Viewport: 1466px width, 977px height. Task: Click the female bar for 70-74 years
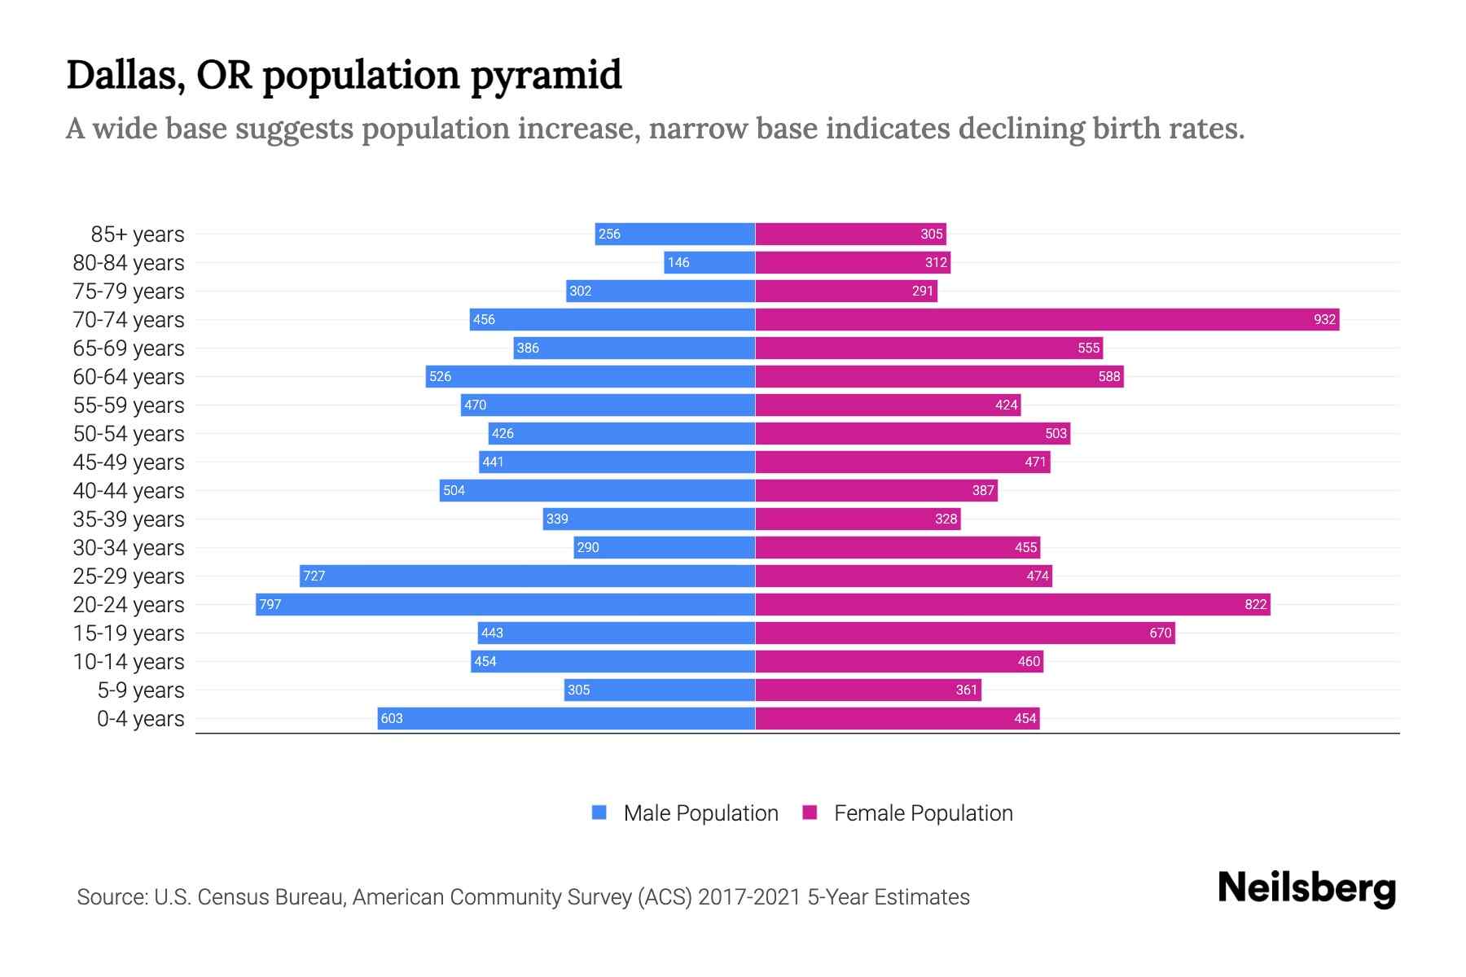coord(1047,319)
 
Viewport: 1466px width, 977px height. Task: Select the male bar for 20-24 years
coord(505,604)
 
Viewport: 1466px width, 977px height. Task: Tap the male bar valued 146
coord(709,262)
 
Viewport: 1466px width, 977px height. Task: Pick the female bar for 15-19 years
coord(965,633)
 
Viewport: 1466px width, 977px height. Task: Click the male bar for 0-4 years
coord(566,718)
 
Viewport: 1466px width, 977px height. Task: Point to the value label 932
coord(1324,319)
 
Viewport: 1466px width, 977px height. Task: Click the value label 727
coord(314,576)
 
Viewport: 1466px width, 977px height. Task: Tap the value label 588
coord(1108,376)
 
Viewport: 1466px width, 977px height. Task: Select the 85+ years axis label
coord(138,234)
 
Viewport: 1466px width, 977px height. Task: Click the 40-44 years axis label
coord(129,491)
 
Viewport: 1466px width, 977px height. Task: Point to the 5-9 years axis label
coord(141,690)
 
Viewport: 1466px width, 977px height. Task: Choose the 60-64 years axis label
coord(129,377)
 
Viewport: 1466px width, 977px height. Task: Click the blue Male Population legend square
coord(599,813)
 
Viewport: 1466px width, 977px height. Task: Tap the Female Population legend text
coord(923,813)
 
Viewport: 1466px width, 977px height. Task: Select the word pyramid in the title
coord(546,76)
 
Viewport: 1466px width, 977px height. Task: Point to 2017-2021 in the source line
coord(749,897)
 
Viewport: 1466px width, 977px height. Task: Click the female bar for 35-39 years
coord(858,519)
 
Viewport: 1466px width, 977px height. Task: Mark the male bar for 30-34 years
coord(664,547)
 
